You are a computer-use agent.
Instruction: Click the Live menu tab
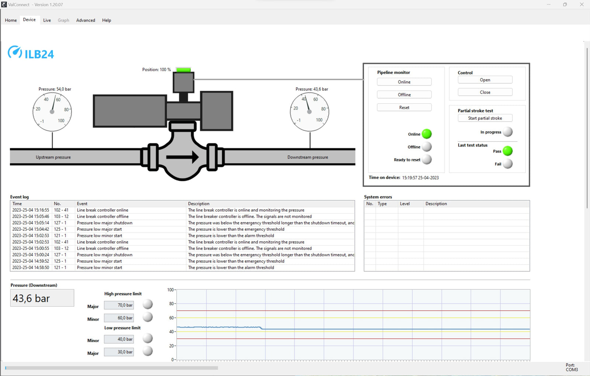point(47,20)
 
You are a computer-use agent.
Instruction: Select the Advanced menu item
point(86,20)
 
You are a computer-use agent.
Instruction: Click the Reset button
point(404,108)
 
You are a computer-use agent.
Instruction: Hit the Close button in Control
point(485,92)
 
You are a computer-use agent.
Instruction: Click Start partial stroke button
point(485,118)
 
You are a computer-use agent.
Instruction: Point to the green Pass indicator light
point(508,151)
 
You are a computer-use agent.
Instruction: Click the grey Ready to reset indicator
point(427,160)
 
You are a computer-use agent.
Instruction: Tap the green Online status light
point(427,134)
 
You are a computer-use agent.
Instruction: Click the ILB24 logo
point(31,53)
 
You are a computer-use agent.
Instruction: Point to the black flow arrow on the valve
point(183,157)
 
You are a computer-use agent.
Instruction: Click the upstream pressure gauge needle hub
point(52,112)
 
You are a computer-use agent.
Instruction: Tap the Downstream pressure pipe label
point(308,157)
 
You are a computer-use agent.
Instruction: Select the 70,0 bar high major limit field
point(119,305)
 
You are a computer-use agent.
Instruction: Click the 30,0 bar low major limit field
point(119,352)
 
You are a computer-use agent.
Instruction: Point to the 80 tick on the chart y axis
point(171,304)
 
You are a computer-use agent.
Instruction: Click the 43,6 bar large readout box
point(42,298)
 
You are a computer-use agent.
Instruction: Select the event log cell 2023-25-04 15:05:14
point(31,223)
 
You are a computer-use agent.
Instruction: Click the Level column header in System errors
point(405,204)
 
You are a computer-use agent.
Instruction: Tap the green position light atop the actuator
point(183,70)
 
